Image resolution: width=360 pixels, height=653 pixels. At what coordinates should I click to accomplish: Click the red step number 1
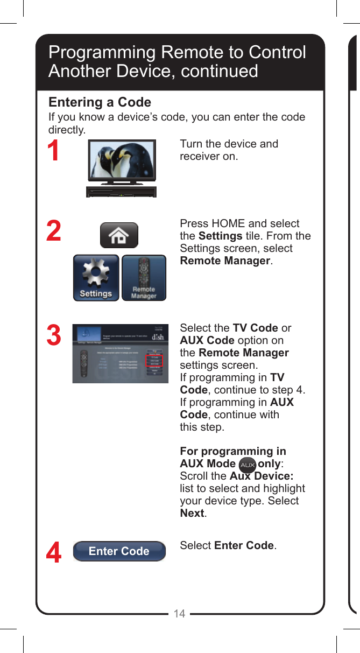click(53, 151)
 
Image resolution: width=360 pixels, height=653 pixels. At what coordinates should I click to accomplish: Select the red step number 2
click(53, 231)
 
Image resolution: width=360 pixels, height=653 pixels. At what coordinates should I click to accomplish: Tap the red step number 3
click(53, 335)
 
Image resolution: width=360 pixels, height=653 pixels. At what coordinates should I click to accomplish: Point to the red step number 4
click(53, 553)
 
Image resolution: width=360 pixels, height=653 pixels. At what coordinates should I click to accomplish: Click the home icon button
click(119, 235)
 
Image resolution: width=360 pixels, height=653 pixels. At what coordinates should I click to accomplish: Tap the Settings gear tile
click(96, 278)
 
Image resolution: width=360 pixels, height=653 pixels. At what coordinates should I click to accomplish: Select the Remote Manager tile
click(144, 278)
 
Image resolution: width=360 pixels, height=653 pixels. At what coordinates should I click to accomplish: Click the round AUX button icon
click(247, 465)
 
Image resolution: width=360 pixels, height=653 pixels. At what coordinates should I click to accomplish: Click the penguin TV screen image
click(122, 160)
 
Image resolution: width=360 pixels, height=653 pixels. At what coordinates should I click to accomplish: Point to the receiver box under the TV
click(122, 192)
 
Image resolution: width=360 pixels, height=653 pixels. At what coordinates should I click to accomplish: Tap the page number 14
click(179, 614)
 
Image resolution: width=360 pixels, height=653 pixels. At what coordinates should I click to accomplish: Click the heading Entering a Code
click(100, 102)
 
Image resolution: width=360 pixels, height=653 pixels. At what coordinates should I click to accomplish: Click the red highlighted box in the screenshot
click(154, 360)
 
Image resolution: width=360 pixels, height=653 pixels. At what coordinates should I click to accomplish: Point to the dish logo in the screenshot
click(158, 336)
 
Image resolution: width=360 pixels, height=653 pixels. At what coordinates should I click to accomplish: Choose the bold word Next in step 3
click(192, 513)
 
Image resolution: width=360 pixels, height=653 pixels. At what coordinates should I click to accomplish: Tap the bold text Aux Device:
click(261, 476)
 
